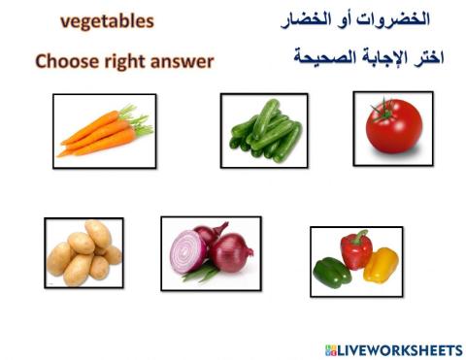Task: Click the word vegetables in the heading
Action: click(x=107, y=19)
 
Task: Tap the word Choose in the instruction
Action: click(x=67, y=61)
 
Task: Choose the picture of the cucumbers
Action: click(x=264, y=131)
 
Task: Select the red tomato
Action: click(x=393, y=127)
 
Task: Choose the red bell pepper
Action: click(x=356, y=251)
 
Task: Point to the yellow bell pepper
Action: click(x=382, y=265)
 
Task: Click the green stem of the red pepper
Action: click(x=361, y=235)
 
